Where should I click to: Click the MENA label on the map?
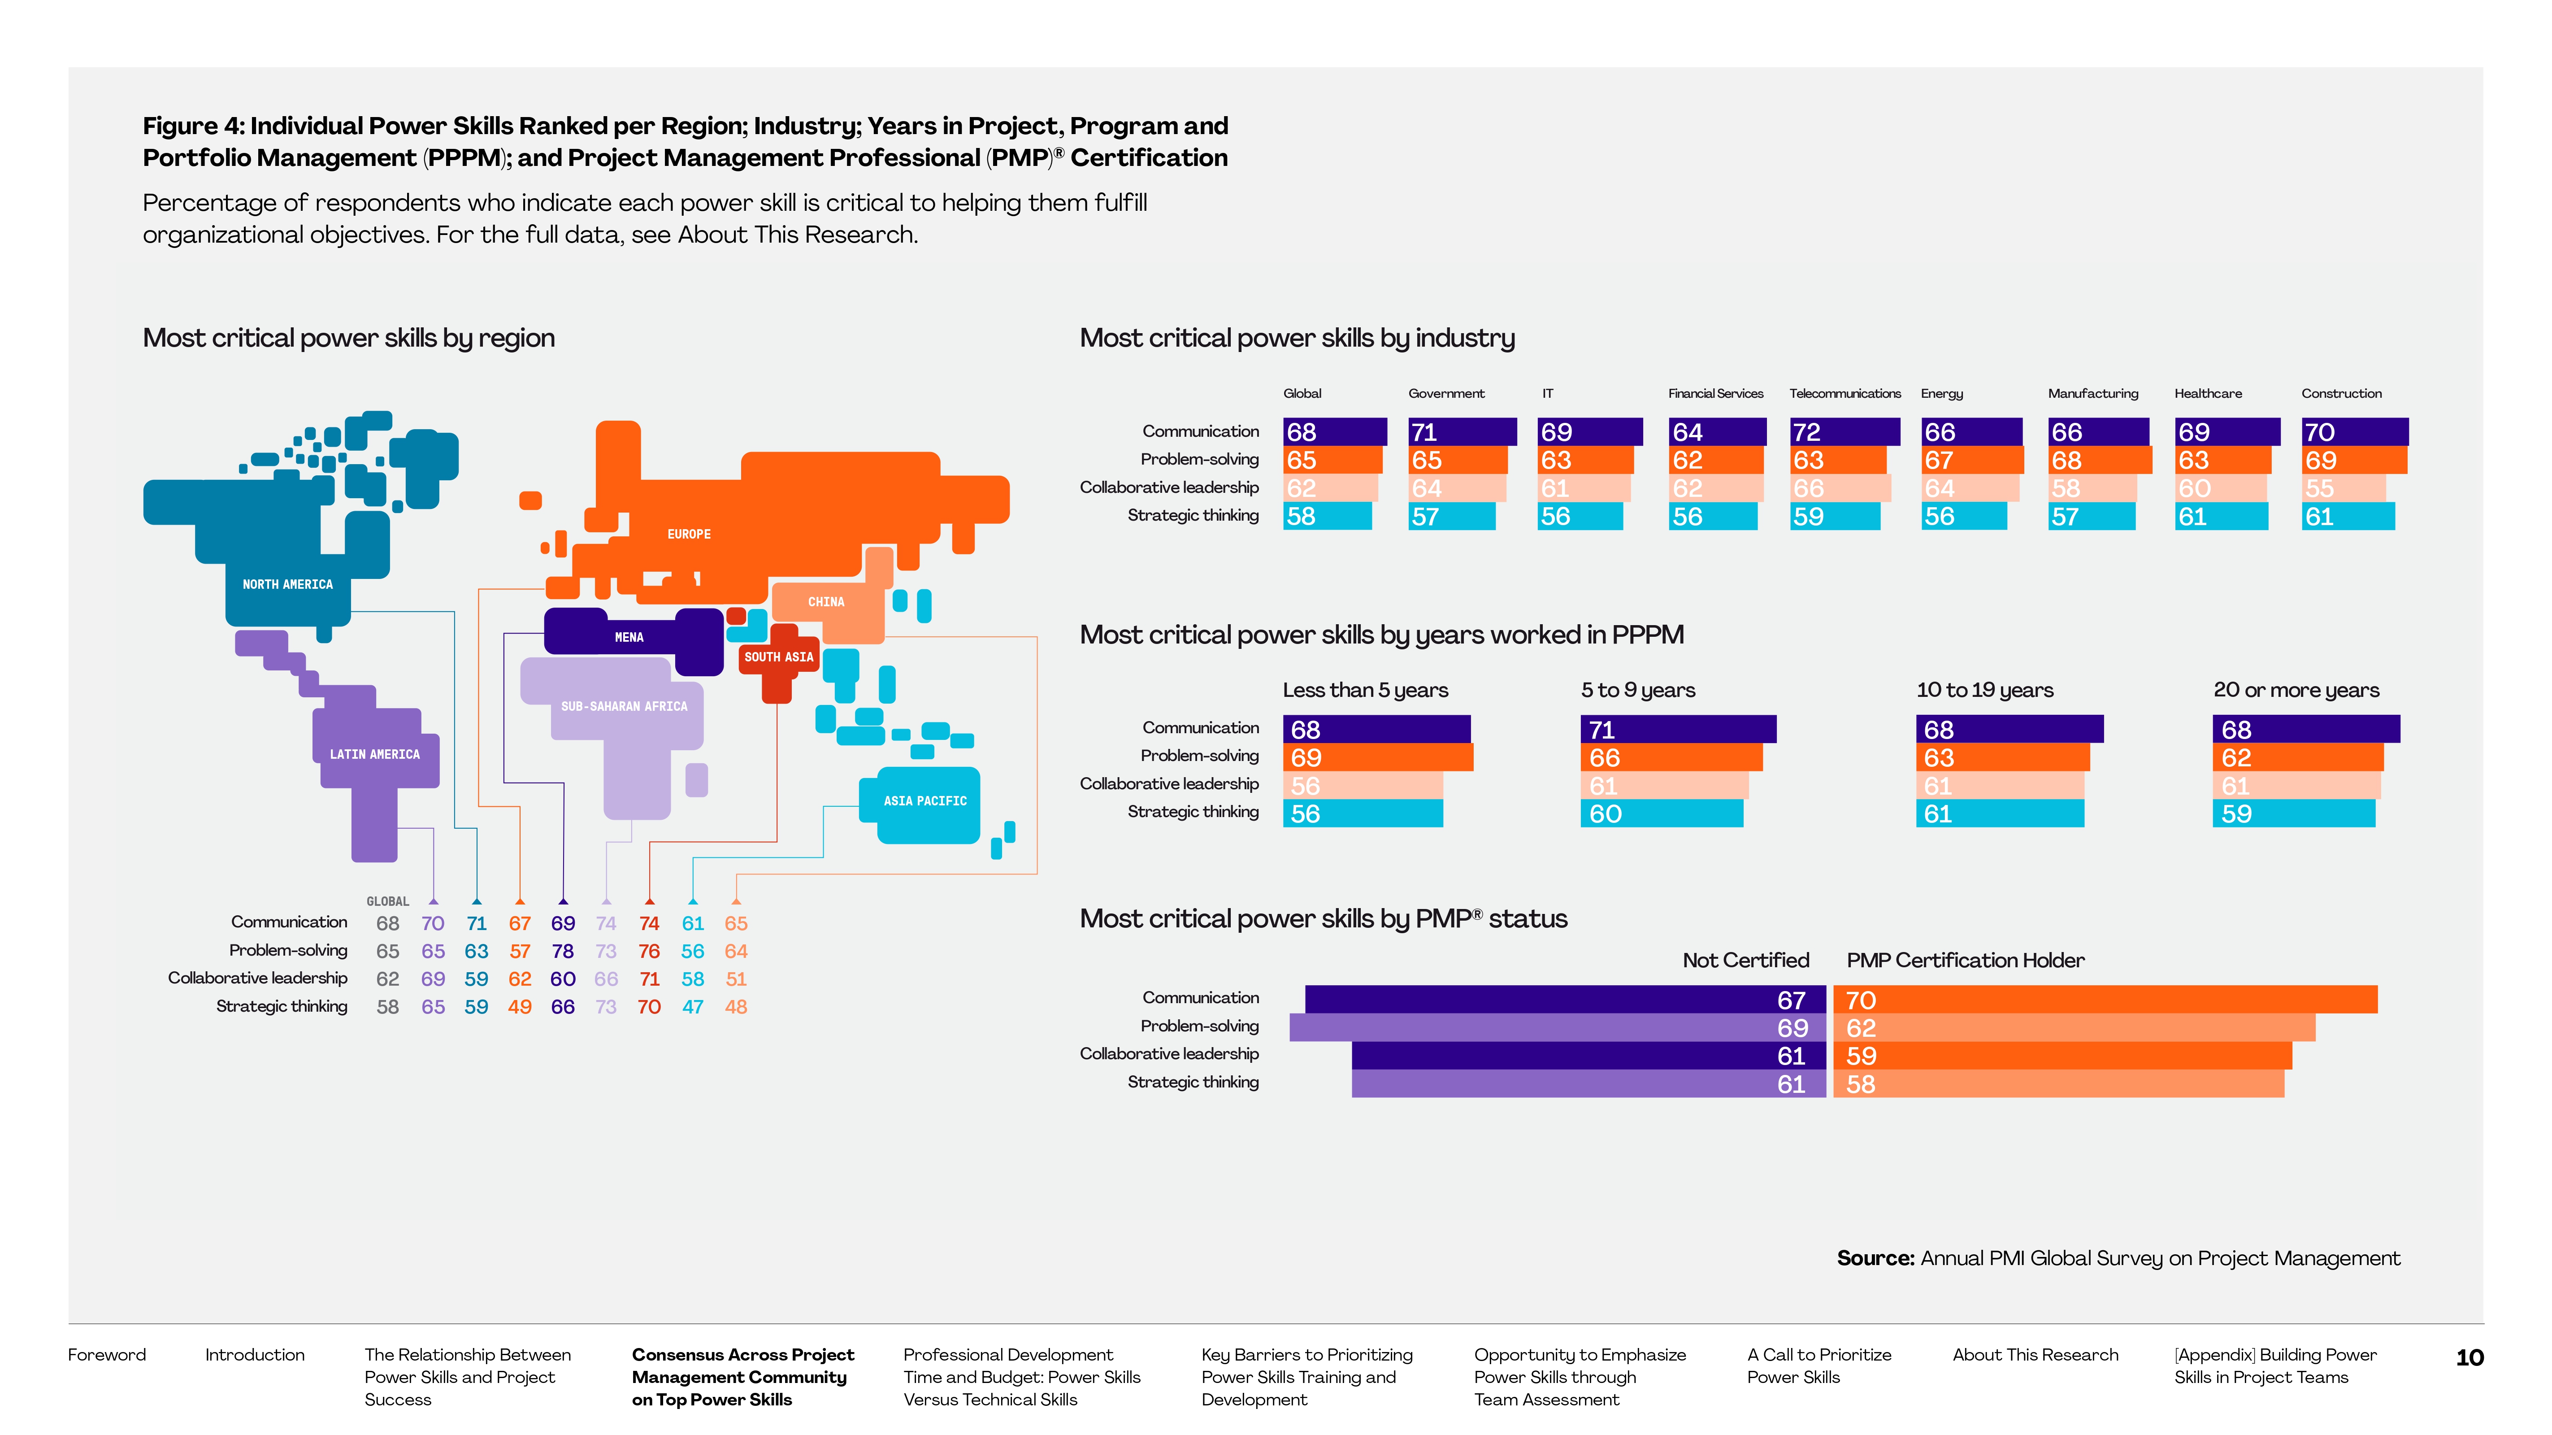point(629,637)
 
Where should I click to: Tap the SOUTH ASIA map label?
point(779,657)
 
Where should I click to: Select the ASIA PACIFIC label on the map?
point(924,801)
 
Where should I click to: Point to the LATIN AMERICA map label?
point(374,754)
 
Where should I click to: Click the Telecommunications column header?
point(1845,393)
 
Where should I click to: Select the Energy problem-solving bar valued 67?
point(1971,460)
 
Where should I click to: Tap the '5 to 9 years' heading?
point(1638,690)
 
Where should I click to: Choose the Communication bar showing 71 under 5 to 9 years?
point(1677,730)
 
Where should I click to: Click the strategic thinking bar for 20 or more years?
point(2293,813)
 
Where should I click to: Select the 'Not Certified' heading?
point(1745,960)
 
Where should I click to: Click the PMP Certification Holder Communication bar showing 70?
point(2105,1000)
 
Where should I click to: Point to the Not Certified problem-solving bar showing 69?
point(1556,1028)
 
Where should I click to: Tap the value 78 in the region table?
point(563,952)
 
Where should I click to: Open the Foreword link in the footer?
point(107,1355)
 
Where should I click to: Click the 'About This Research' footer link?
point(2035,1355)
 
